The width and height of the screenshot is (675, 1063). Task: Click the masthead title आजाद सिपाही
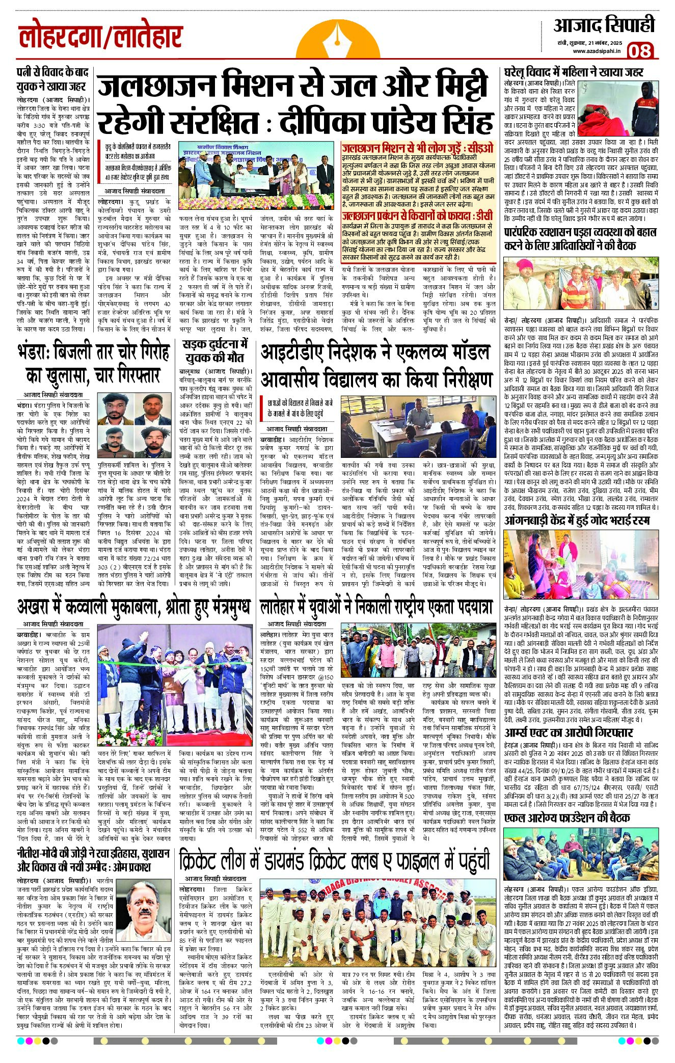coord(604,25)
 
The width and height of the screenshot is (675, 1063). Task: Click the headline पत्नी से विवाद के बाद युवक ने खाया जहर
coord(51,79)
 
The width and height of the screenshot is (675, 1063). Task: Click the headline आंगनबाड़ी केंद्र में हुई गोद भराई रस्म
coord(577,521)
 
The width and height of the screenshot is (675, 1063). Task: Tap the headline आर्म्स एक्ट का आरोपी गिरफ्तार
coord(568,732)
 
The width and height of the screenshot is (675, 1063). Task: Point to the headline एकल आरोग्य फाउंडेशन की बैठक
coord(566,818)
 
